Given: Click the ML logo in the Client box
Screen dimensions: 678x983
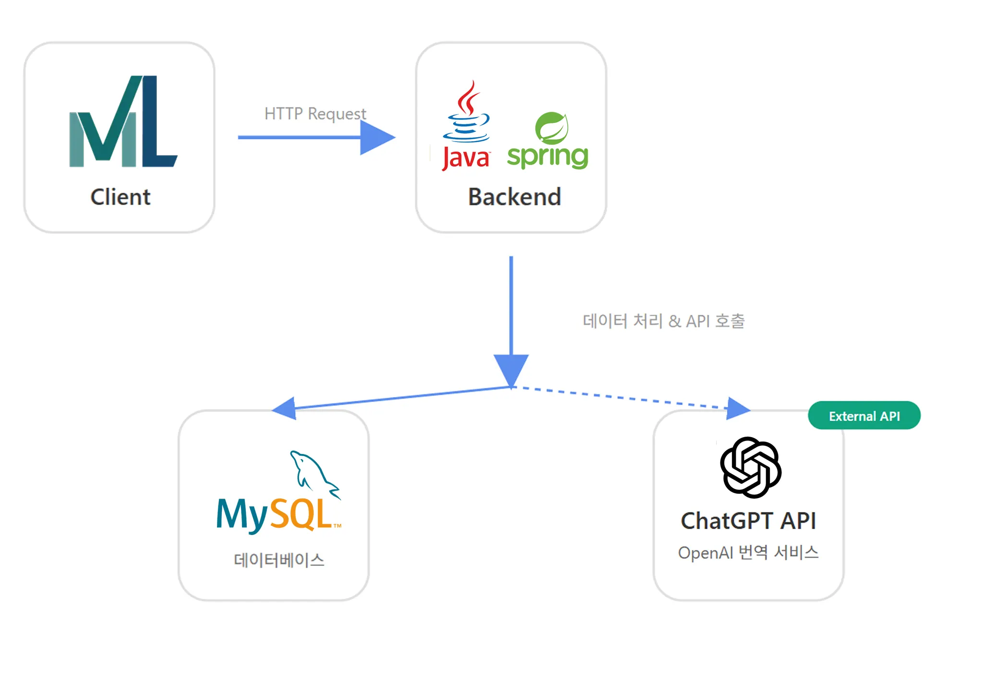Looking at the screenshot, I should point(123,121).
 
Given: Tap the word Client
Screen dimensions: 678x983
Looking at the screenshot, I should point(120,197).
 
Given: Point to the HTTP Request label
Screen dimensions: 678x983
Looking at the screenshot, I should point(315,114).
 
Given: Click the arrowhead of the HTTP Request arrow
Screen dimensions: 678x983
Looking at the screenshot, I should point(377,137).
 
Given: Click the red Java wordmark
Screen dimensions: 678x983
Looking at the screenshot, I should point(465,158).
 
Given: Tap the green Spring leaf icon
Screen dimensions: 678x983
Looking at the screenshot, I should point(552,128).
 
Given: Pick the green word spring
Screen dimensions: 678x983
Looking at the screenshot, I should point(548,157).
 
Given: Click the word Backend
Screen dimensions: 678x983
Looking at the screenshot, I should point(515,197).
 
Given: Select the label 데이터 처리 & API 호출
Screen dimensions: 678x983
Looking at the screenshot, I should point(663,321).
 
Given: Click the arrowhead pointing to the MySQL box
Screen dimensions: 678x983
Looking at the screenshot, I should point(285,408).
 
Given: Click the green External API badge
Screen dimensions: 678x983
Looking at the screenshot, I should point(864,416).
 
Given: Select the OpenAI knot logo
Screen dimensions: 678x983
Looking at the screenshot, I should point(751,467).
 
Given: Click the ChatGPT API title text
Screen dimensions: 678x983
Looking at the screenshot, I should point(748,521).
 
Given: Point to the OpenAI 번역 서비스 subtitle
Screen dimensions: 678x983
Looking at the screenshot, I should point(748,553).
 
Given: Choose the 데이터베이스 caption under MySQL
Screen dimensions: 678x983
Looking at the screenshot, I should point(279,560).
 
